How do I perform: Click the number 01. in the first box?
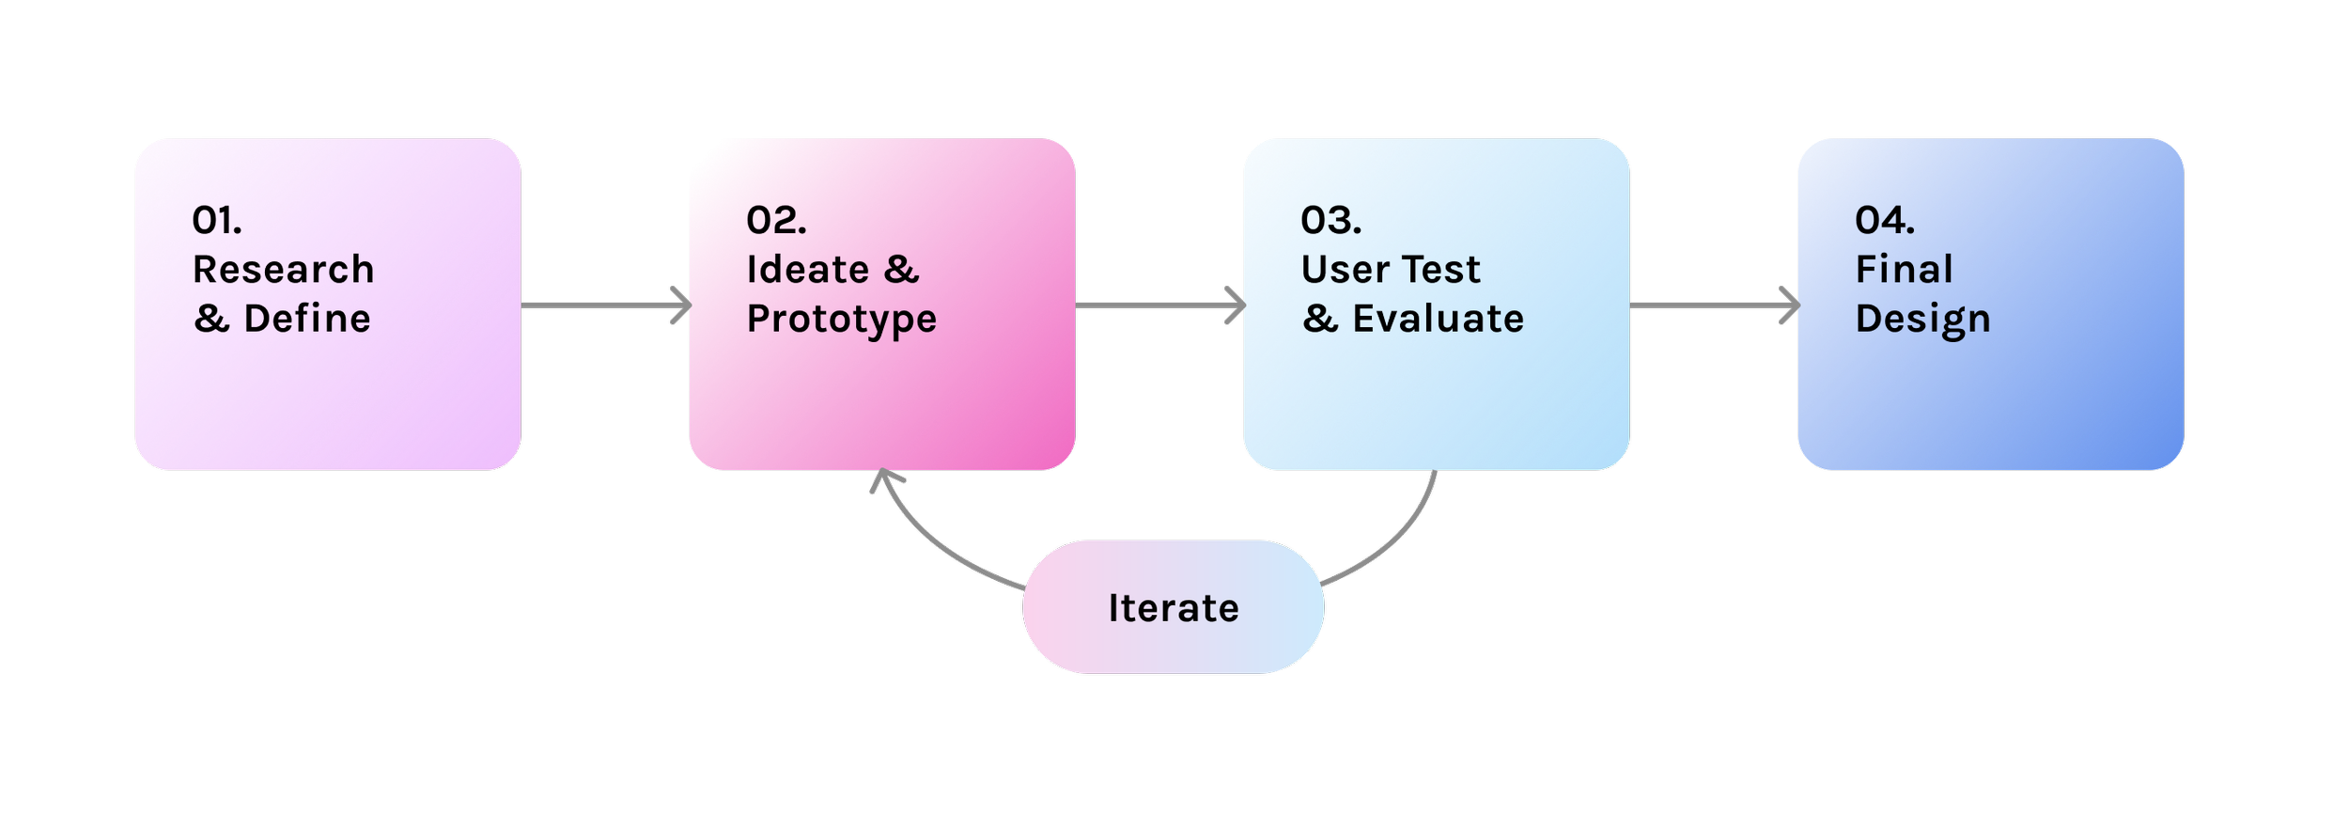tap(217, 221)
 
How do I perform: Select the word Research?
tap(283, 270)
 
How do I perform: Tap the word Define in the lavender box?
tap(307, 319)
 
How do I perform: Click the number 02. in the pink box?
tap(776, 221)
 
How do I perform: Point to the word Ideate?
tap(807, 270)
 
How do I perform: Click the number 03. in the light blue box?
tap(1330, 221)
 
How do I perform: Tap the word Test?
tap(1445, 270)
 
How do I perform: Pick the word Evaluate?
tap(1438, 319)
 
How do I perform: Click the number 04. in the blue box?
tap(1884, 221)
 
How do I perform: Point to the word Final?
tap(1904, 270)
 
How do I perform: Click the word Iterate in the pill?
tap(1174, 608)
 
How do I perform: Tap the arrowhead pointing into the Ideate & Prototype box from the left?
tap(682, 305)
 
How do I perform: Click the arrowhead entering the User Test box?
tap(1237, 305)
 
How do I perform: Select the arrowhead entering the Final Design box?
tap(1791, 305)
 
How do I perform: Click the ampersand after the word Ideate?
tap(901, 270)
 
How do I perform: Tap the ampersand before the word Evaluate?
tap(1320, 319)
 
